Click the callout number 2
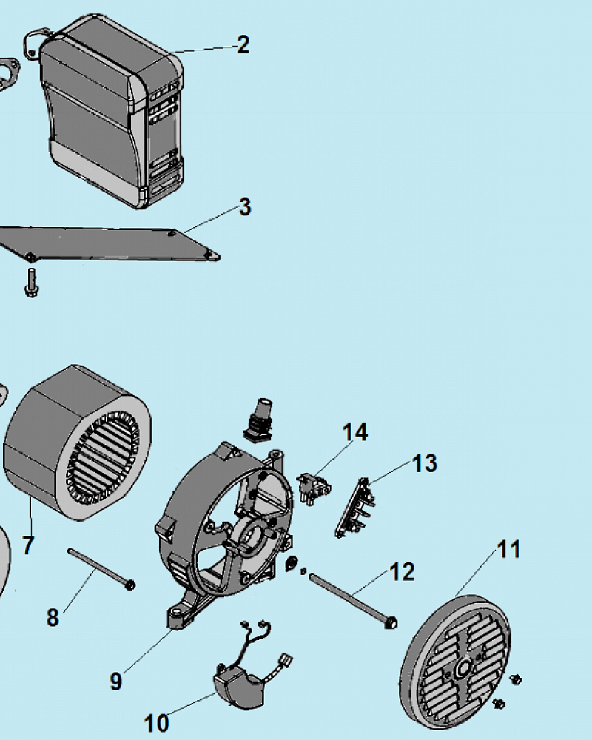243,45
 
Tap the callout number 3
245,206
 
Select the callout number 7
28,545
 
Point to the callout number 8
53,617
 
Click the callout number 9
116,682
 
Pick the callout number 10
157,723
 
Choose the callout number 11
509,549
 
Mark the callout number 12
403,572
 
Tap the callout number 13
425,463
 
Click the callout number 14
355,432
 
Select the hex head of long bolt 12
391,622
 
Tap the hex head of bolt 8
129,585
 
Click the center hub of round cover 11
463,667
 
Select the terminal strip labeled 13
355,508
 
